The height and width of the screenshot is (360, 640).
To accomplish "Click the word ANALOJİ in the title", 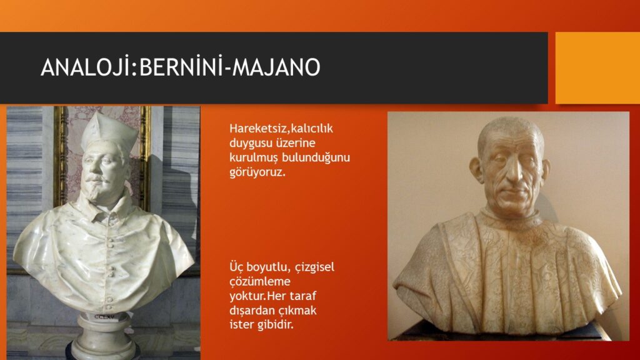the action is (86, 67).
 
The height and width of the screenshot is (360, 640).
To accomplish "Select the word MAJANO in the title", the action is (276, 67).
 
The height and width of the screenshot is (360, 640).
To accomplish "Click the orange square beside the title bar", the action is (597, 67).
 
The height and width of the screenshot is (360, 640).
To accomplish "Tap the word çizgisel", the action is (315, 267).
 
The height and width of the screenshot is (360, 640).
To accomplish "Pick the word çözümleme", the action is (260, 282).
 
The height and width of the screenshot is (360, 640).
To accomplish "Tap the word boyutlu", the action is (269, 267).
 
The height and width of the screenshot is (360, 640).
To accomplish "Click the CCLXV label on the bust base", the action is (104, 316).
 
